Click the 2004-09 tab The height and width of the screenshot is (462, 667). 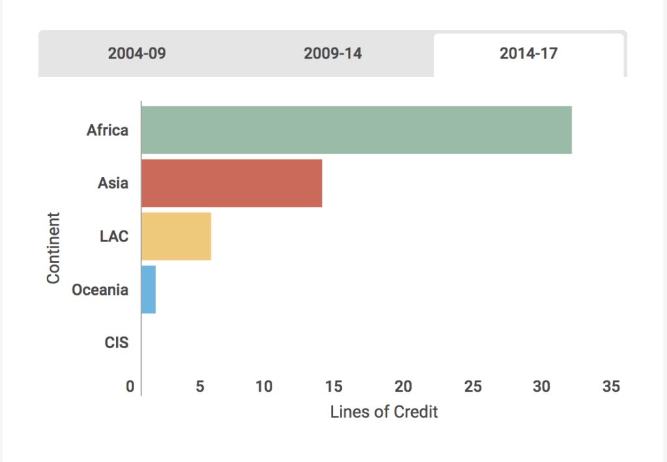pyautogui.click(x=137, y=53)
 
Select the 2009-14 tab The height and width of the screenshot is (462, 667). pyautogui.click(x=333, y=53)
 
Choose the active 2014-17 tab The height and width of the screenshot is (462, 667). pyautogui.click(x=528, y=53)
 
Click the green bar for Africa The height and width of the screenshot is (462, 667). pyautogui.click(x=356, y=130)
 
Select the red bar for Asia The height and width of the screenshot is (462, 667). pyautogui.click(x=231, y=183)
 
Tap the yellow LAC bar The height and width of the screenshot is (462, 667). pyautogui.click(x=176, y=236)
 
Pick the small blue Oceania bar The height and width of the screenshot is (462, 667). pyautogui.click(x=149, y=290)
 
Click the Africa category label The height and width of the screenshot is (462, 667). pyautogui.click(x=107, y=130)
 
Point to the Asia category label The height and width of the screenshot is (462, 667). pyautogui.click(x=113, y=183)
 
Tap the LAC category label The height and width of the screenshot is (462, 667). pyautogui.click(x=114, y=236)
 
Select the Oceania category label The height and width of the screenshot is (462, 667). pyautogui.click(x=100, y=290)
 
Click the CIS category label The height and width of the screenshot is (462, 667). pyautogui.click(x=117, y=342)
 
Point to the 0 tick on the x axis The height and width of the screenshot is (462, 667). pyautogui.click(x=130, y=387)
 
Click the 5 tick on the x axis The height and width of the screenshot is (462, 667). pyautogui.click(x=200, y=387)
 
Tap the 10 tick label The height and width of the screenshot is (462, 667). pyautogui.click(x=264, y=387)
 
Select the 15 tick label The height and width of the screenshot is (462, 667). pyautogui.click(x=333, y=387)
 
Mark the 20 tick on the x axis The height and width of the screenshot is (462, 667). pyautogui.click(x=403, y=387)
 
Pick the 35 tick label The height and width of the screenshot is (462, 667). pyautogui.click(x=611, y=387)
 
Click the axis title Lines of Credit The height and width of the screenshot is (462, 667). pyautogui.click(x=384, y=412)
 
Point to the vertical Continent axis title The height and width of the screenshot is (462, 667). pyautogui.click(x=53, y=247)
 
